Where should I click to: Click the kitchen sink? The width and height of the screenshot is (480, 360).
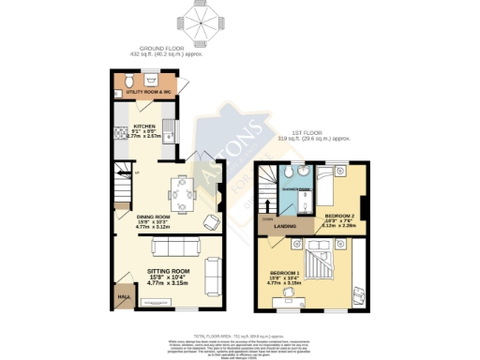click(166, 127)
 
